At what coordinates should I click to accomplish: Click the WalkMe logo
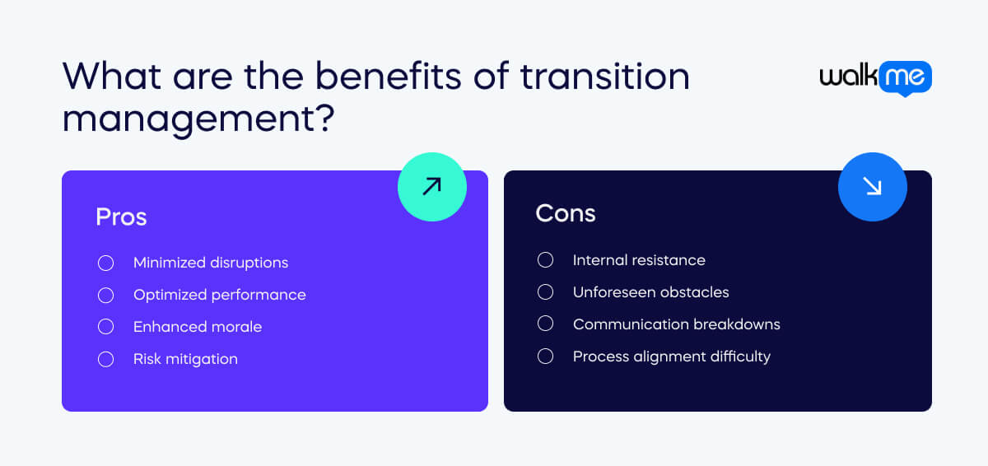pos(875,78)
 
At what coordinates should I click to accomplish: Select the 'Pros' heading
pos(121,217)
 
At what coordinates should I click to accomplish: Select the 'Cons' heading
pos(565,213)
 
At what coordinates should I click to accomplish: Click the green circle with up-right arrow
pos(431,187)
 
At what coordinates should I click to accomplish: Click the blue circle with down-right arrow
pos(872,187)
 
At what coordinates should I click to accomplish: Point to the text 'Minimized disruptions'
pos(211,263)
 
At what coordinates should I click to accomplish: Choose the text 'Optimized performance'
pos(219,295)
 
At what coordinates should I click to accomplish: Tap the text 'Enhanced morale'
pos(198,327)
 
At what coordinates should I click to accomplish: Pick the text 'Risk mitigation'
pos(185,359)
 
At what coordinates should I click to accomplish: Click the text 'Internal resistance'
pos(639,260)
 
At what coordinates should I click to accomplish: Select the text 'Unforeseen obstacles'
pos(650,292)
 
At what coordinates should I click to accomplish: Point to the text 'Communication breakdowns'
pos(676,324)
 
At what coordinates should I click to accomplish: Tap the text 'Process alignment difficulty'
pos(671,356)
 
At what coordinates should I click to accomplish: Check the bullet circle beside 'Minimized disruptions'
pos(105,263)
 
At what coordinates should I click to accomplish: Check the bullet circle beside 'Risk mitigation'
pos(105,359)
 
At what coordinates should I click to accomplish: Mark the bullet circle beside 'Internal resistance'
pos(545,260)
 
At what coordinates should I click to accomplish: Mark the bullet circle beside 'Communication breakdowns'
pos(545,324)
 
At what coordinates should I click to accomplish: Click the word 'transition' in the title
pos(604,76)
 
